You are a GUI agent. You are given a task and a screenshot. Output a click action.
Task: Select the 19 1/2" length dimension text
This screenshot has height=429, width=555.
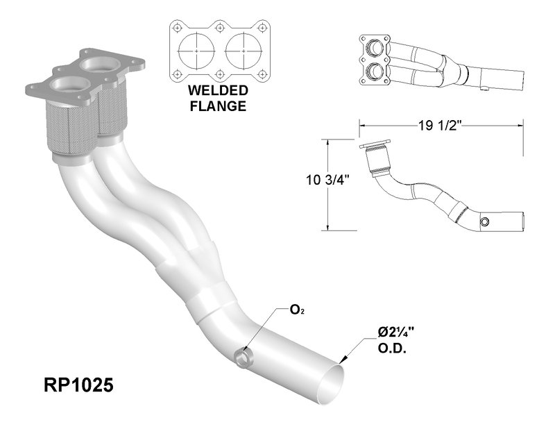click(441, 126)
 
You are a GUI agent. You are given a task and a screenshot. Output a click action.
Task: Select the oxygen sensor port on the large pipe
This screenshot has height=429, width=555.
click(242, 358)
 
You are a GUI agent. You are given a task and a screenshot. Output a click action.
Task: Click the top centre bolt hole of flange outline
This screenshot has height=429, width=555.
click(220, 28)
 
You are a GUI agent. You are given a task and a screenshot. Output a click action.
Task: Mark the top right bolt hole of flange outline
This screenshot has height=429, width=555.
click(262, 28)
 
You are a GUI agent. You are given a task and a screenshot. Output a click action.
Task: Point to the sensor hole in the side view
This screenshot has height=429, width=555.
click(484, 222)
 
